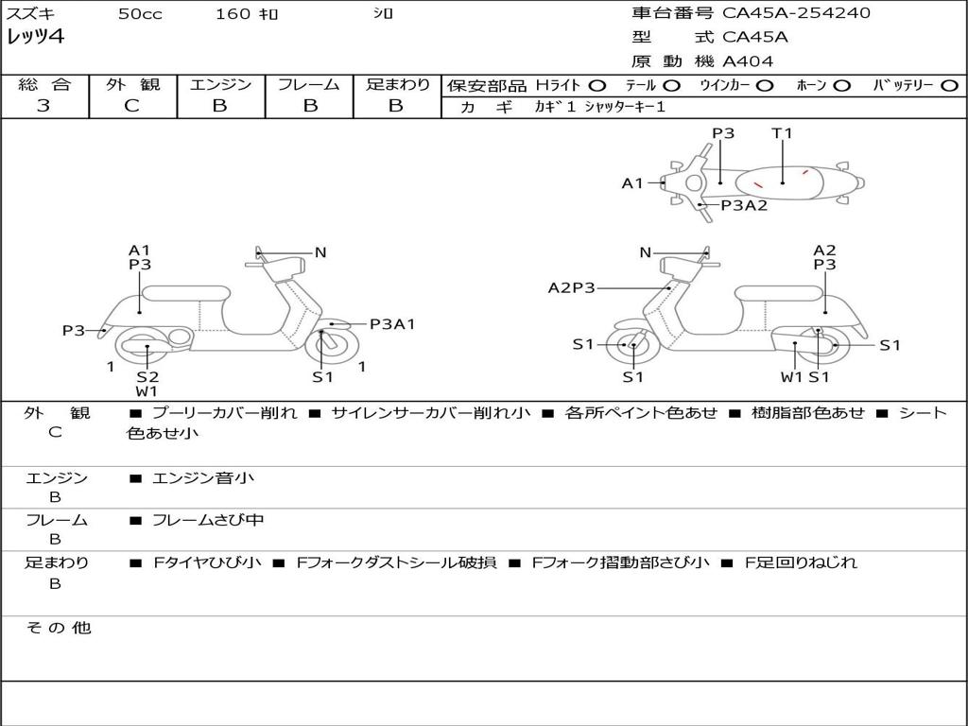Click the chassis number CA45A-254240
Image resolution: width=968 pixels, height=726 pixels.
tap(797, 13)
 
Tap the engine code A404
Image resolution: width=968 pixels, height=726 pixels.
tap(748, 61)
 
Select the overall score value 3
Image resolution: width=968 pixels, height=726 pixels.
tap(43, 106)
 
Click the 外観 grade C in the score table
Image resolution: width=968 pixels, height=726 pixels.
tap(132, 106)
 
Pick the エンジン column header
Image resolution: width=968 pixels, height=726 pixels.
tap(220, 84)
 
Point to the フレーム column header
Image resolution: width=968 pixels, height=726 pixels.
tap(308, 84)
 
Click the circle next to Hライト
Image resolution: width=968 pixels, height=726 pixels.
tap(598, 85)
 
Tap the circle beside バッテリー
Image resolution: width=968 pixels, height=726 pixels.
tap(949, 85)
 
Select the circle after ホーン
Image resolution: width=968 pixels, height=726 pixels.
tap(842, 85)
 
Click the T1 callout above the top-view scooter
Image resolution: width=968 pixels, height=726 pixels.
tap(782, 133)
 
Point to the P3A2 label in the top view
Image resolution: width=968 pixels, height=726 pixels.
tap(744, 205)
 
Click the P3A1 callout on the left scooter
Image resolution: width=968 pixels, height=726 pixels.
tap(392, 324)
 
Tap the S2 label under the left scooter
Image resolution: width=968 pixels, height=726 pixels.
tap(147, 377)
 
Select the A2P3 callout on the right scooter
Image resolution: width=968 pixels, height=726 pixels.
tap(571, 287)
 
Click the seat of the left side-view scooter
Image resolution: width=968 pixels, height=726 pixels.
tap(185, 292)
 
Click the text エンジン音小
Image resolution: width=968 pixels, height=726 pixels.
tap(203, 478)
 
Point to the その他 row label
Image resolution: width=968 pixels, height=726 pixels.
tap(58, 628)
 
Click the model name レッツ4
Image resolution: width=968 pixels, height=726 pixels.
tap(35, 38)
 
